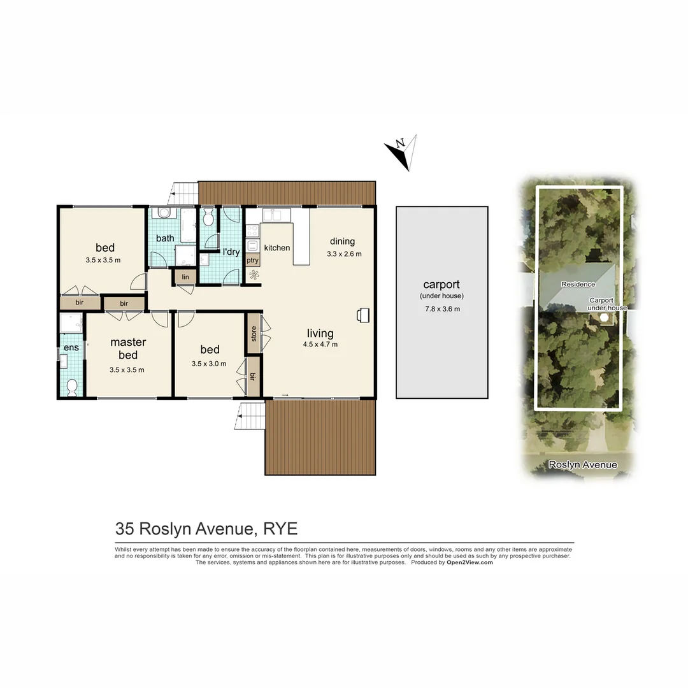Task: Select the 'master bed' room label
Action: click(x=127, y=348)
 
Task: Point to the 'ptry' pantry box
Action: click(x=252, y=260)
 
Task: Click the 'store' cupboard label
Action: click(x=254, y=333)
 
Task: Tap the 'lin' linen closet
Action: click(x=185, y=276)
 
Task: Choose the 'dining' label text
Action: click(x=342, y=241)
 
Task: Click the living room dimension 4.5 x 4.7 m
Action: click(x=320, y=345)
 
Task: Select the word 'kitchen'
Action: click(x=277, y=248)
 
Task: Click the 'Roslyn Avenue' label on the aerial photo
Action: click(x=583, y=465)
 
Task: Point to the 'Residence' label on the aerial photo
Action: click(x=578, y=284)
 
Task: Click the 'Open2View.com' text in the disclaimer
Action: click(x=469, y=563)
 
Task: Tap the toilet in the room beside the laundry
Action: click(x=208, y=219)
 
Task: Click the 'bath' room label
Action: click(x=165, y=238)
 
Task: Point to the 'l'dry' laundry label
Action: click(x=230, y=252)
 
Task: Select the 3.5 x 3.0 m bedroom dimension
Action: click(x=210, y=364)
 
